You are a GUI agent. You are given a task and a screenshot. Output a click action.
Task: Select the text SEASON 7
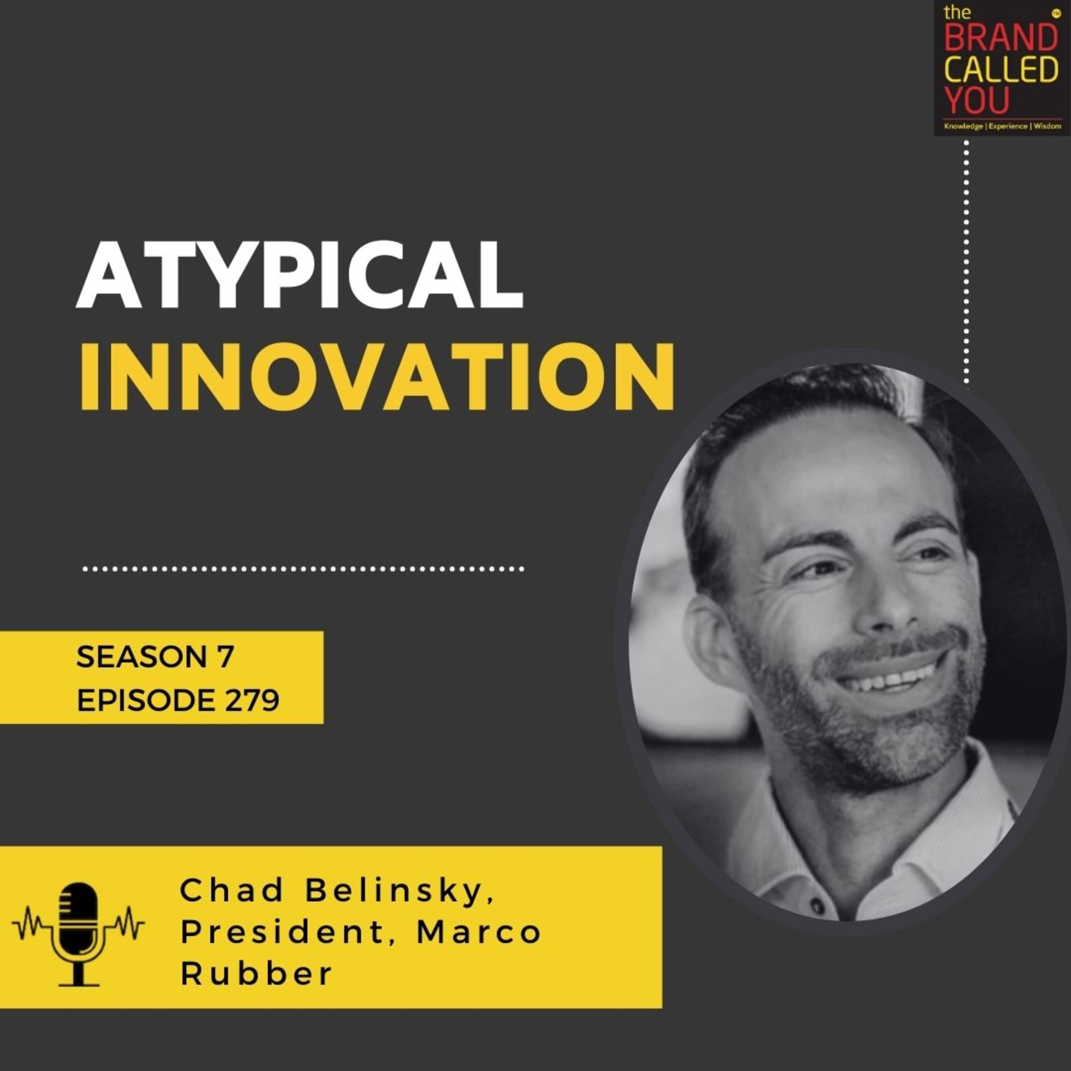[155, 658]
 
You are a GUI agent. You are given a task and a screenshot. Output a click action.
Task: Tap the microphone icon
[79, 934]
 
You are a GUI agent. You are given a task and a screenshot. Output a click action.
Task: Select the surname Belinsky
[399, 892]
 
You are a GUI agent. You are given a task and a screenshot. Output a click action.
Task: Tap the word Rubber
[256, 974]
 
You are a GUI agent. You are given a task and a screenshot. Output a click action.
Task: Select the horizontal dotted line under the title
[303, 569]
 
